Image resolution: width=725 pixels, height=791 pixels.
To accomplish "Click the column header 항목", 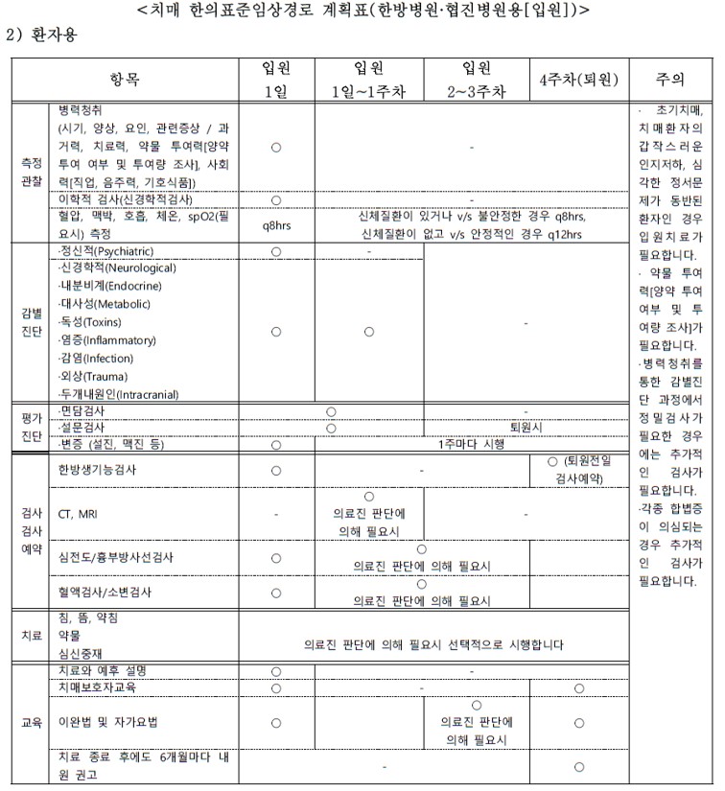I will (x=125, y=80).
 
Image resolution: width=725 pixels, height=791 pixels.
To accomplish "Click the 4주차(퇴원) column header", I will (x=578, y=81).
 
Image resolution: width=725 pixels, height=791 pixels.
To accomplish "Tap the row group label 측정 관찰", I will (x=29, y=171).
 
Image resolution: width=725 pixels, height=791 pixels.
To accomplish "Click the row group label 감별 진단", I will (x=29, y=323).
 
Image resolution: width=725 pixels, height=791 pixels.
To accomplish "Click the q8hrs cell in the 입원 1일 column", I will (x=276, y=226).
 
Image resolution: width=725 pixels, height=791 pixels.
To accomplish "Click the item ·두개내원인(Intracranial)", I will (x=118, y=393).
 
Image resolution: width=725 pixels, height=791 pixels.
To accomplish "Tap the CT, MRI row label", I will (x=78, y=513).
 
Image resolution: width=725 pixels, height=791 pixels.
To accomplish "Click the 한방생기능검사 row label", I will (x=97, y=470).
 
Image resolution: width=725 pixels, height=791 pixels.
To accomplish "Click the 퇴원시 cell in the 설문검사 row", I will (x=526, y=428).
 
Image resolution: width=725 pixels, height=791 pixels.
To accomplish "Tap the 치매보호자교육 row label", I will (x=97, y=688).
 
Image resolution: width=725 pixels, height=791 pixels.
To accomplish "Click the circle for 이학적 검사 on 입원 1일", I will (x=276, y=199).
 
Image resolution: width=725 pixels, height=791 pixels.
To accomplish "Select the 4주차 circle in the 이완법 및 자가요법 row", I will (x=578, y=722).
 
